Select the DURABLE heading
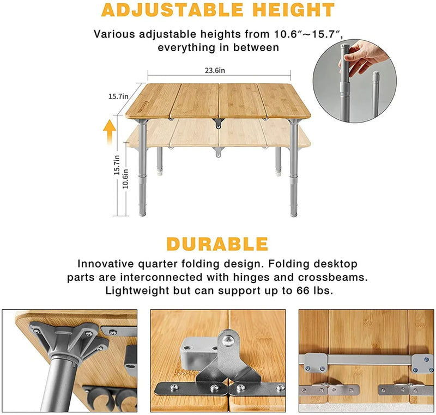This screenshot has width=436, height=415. [217, 244]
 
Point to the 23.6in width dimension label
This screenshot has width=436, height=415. [219, 70]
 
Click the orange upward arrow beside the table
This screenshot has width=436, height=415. [109, 131]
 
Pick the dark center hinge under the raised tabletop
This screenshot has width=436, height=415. [219, 123]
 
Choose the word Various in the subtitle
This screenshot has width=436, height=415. [113, 34]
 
